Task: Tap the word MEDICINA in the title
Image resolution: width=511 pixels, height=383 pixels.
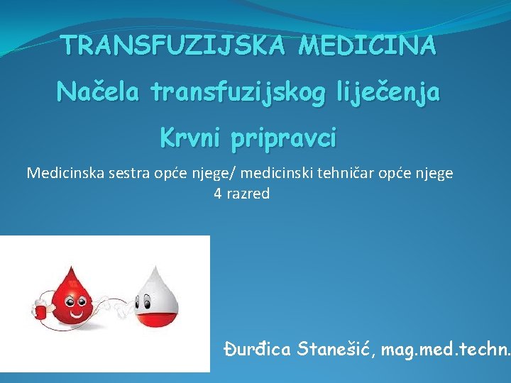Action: click(x=368, y=46)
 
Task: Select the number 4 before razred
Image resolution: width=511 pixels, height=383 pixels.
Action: click(x=218, y=194)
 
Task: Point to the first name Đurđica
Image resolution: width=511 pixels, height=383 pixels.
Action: click(x=258, y=349)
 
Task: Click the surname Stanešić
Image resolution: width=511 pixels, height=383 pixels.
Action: click(x=337, y=349)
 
